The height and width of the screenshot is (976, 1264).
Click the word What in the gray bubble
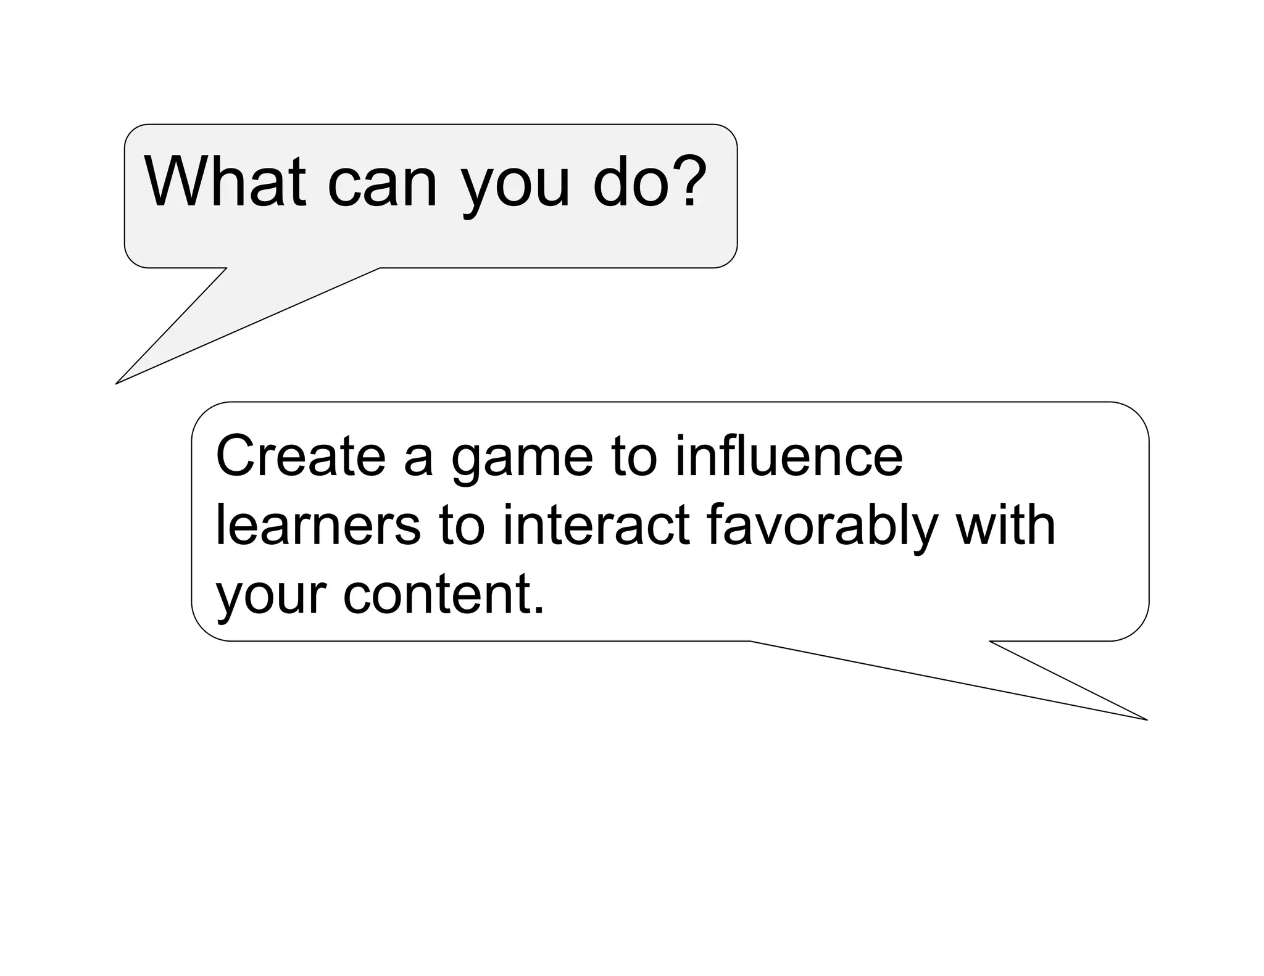[x=225, y=181]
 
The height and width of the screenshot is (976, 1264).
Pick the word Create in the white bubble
[x=300, y=457]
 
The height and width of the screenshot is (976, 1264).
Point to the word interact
[x=596, y=526]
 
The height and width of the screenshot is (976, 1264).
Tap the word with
[x=1005, y=526]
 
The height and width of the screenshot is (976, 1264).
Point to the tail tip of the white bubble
[x=1145, y=719]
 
